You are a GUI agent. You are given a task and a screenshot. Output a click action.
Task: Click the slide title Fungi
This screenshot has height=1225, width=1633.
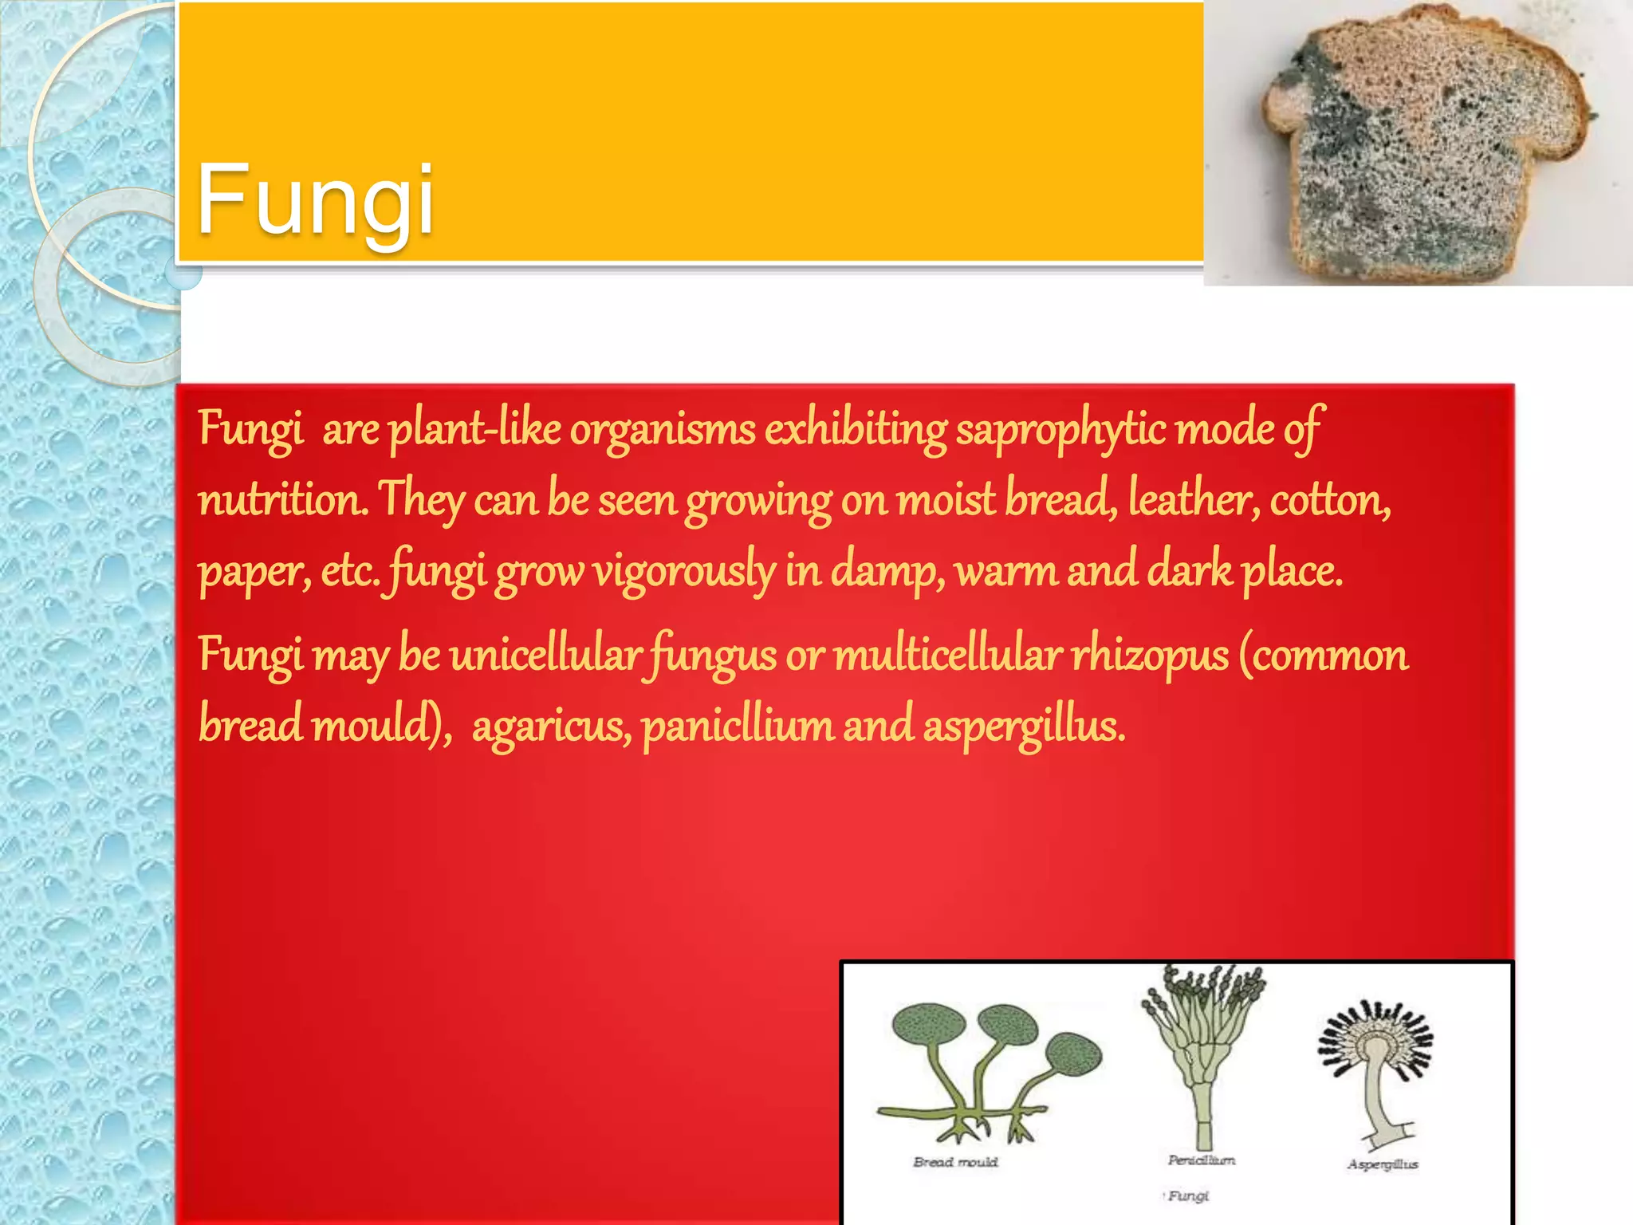(315, 199)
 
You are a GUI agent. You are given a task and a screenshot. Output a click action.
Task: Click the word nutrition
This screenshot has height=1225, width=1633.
(282, 501)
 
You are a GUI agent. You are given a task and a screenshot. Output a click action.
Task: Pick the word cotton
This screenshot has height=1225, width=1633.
(1330, 501)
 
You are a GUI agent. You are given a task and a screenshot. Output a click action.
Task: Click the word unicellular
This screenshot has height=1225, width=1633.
(545, 656)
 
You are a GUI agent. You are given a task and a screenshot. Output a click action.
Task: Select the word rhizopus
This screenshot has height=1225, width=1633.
(1149, 656)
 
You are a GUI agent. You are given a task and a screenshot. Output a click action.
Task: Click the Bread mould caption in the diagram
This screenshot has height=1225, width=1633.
(955, 1162)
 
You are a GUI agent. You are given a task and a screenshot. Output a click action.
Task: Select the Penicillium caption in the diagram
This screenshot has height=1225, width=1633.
(1202, 1160)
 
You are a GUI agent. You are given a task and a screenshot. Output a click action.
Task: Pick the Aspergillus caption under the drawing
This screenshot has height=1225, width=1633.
(1383, 1164)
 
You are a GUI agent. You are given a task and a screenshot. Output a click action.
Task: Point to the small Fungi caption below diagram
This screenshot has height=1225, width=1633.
(1188, 1195)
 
